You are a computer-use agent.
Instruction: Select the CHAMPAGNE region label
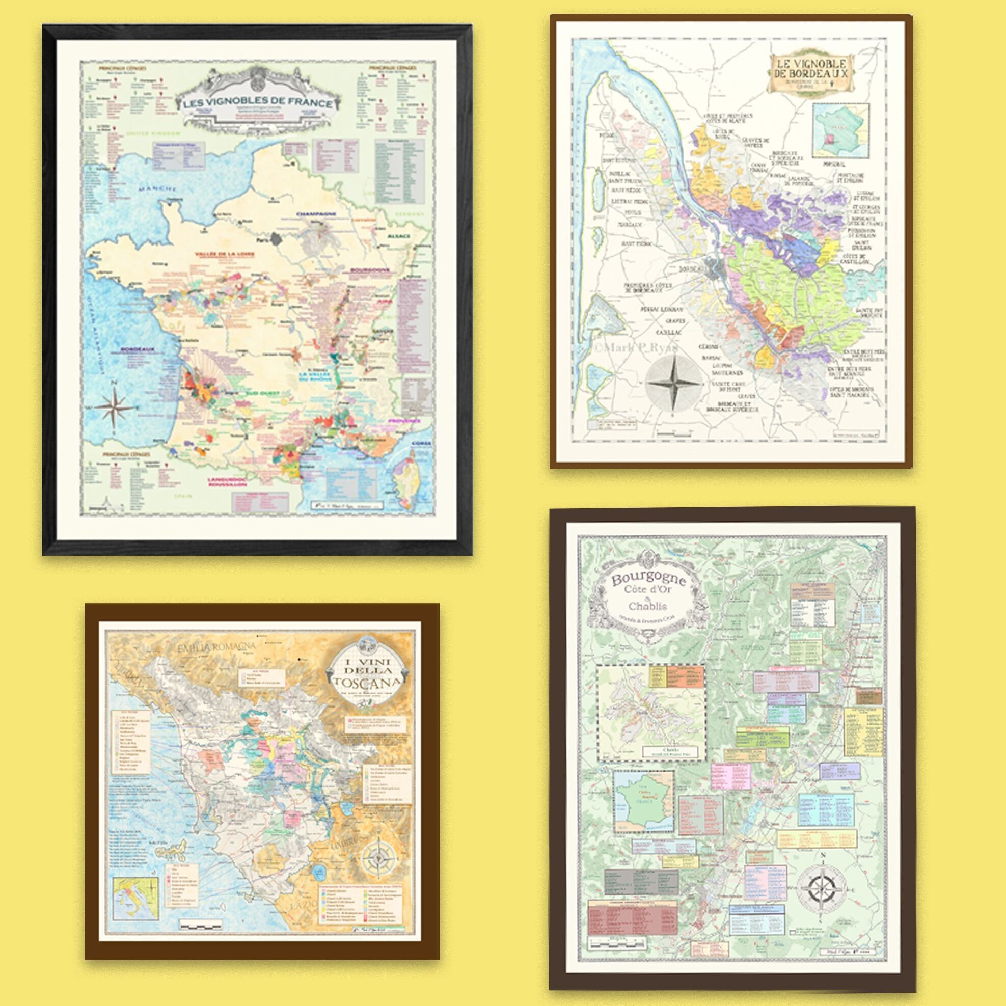click(x=315, y=214)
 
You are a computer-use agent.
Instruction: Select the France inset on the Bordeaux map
click(x=841, y=130)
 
